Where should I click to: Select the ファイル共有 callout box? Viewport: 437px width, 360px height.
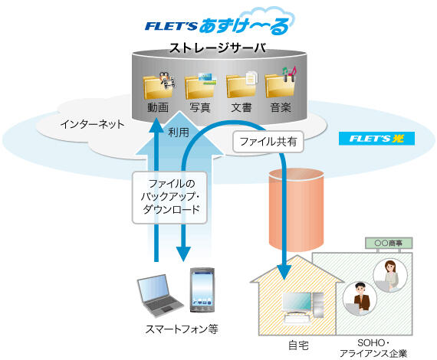point(261,141)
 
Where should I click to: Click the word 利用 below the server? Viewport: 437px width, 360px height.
point(179,132)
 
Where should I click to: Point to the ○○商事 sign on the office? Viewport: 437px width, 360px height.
point(387,243)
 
